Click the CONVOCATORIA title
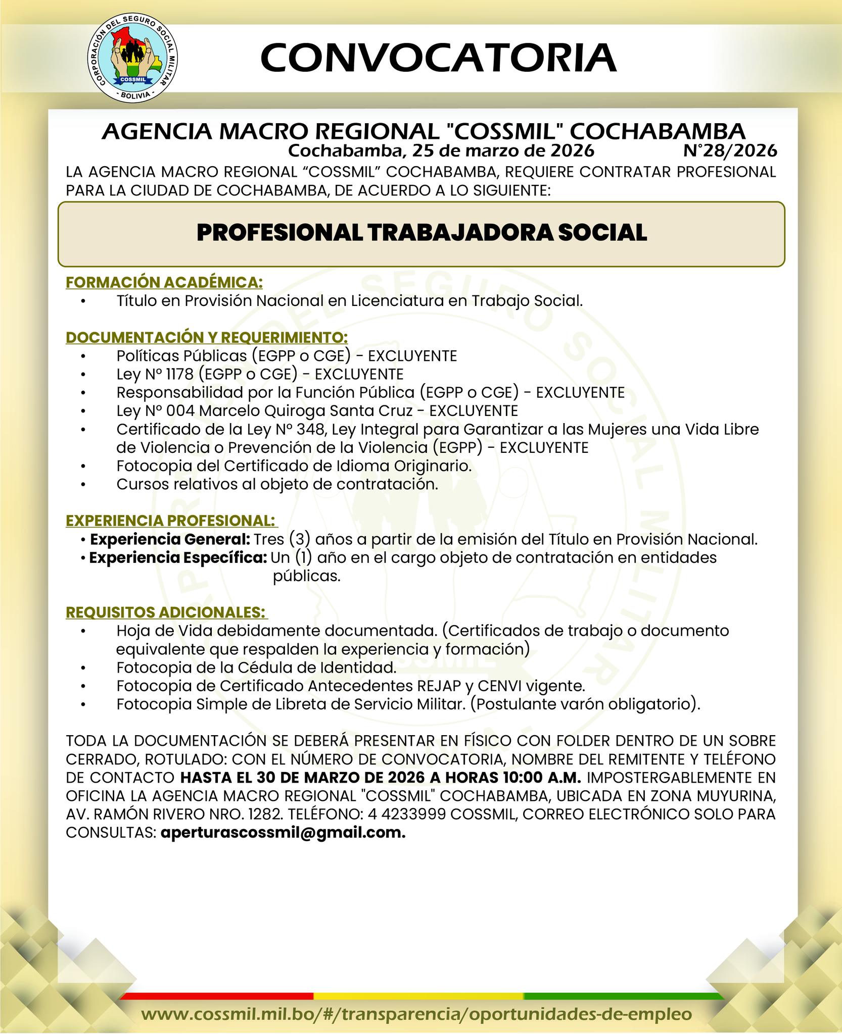point(438,58)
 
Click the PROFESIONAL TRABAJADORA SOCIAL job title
point(422,233)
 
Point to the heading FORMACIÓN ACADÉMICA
point(164,282)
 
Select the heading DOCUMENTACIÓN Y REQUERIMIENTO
point(207,337)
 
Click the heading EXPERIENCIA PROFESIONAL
point(171,521)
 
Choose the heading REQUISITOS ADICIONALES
point(166,612)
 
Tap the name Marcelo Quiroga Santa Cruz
point(306,411)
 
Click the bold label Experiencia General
point(170,539)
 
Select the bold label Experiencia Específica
point(178,558)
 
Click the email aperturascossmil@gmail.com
point(283,833)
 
